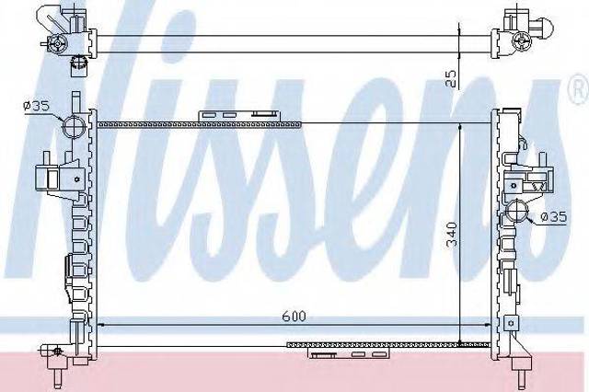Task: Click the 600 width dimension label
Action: (x=294, y=317)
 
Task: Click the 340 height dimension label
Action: (x=452, y=235)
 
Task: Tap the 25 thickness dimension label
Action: (x=451, y=79)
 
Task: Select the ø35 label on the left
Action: (x=36, y=106)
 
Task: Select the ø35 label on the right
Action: (x=554, y=217)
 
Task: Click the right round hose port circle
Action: (x=516, y=211)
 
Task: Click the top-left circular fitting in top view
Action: (x=57, y=44)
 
